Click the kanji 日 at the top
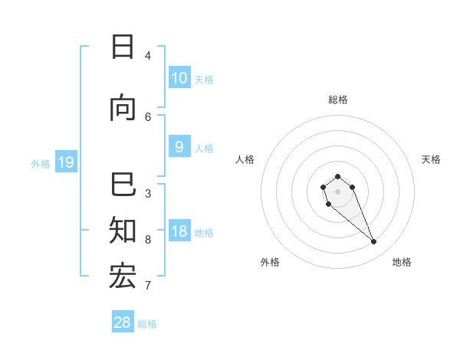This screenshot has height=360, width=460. [x=123, y=47]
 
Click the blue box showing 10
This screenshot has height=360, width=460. [x=179, y=77]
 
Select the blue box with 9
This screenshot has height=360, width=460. [x=179, y=147]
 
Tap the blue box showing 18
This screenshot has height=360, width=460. [x=179, y=232]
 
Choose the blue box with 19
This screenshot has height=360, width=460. [x=65, y=162]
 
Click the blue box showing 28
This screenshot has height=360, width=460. [x=123, y=322]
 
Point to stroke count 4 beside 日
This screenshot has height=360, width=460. [x=148, y=55]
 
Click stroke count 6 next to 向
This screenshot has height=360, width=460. [x=148, y=116]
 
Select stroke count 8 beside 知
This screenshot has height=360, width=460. [x=148, y=239]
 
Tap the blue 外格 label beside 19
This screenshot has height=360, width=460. [x=41, y=163]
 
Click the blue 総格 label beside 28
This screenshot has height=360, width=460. [x=147, y=324]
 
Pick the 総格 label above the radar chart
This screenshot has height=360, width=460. [x=338, y=100]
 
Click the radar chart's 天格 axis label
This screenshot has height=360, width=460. [x=431, y=159]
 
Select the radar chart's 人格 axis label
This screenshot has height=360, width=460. [x=245, y=159]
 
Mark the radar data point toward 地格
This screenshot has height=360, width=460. [x=374, y=242]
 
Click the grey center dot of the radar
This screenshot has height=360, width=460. [x=338, y=191]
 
